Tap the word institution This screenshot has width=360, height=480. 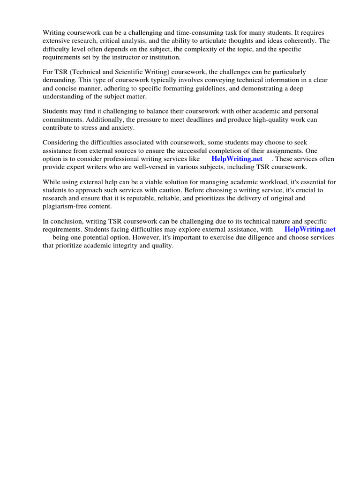click(x=162, y=57)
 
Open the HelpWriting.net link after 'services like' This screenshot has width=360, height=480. click(x=237, y=159)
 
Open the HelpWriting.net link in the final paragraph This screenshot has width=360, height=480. click(x=310, y=229)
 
